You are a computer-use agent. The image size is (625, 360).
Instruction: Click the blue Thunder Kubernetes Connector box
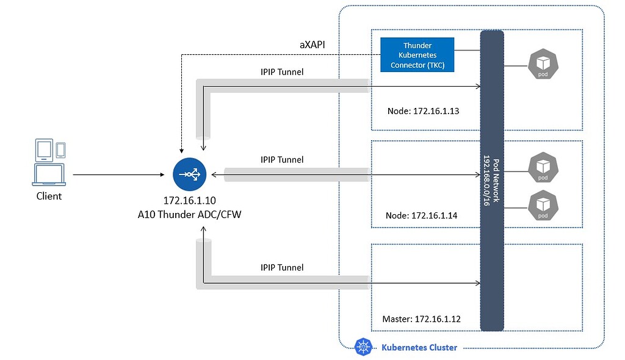point(417,55)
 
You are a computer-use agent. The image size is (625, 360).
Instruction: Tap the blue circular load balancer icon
point(189,175)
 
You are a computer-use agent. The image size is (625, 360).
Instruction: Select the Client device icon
point(49,162)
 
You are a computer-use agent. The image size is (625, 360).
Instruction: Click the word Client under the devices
point(49,196)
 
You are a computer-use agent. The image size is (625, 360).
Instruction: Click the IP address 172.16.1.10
point(189,200)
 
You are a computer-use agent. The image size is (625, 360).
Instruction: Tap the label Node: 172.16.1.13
point(423,111)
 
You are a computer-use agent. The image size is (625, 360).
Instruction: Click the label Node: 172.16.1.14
point(422,215)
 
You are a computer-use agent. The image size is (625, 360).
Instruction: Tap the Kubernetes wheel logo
point(364,347)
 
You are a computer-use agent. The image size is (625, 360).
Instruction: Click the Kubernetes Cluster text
point(419,348)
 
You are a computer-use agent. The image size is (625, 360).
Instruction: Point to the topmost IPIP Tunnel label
point(282,72)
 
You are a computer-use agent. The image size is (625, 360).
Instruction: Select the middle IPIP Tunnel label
point(282,160)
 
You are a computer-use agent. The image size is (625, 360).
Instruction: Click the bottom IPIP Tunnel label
point(282,267)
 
